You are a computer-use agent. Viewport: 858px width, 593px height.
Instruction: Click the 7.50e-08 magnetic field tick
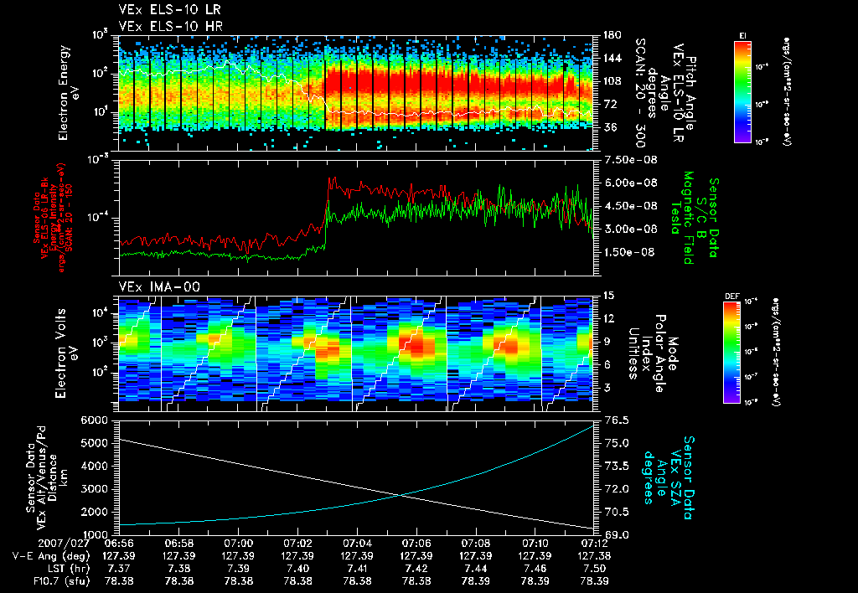tap(628, 160)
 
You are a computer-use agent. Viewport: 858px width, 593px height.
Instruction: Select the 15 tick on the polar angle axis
tap(607, 296)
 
